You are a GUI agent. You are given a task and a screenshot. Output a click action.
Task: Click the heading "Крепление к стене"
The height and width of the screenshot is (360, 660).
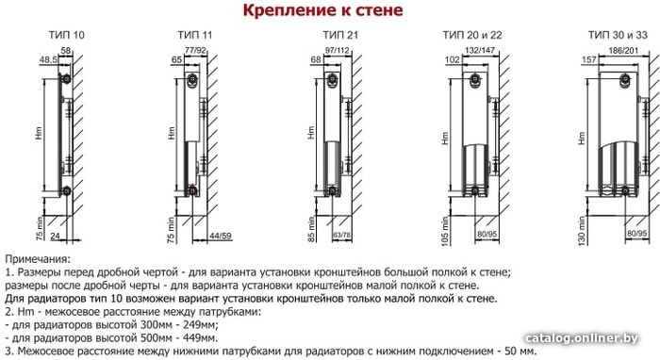click(322, 10)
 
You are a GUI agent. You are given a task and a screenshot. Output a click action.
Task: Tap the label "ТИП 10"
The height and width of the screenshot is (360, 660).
click(67, 35)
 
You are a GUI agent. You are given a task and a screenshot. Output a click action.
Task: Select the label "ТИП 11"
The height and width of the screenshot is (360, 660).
click(195, 35)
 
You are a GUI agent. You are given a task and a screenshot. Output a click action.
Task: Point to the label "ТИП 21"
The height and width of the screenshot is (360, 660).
click(340, 35)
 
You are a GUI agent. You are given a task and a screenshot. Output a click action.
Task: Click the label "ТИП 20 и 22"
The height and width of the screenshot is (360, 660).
click(472, 35)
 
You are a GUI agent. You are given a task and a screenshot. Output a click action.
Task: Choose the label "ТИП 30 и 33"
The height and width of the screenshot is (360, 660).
click(618, 35)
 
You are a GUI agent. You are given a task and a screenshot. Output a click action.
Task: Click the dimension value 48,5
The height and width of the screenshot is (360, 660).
click(48, 59)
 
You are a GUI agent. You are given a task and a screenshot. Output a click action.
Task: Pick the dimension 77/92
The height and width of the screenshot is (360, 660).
click(196, 51)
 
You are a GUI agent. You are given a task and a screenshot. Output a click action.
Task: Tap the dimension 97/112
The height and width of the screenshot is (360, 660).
click(338, 51)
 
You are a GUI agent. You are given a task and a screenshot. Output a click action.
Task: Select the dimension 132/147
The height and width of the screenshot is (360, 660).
click(479, 51)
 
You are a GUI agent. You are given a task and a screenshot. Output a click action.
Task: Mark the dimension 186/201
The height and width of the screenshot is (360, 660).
click(623, 51)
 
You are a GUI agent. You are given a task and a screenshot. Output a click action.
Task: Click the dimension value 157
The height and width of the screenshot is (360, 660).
click(589, 59)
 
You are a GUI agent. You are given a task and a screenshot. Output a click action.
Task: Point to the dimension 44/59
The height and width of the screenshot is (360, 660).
click(221, 236)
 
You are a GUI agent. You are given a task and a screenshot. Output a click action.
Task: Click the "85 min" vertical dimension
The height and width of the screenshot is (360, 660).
click(311, 229)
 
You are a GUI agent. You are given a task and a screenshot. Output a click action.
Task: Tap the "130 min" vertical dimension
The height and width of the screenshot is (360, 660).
click(582, 231)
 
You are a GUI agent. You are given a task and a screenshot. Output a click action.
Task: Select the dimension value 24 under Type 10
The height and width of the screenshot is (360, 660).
click(55, 237)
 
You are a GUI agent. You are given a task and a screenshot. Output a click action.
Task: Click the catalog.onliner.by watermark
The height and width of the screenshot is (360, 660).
click(582, 338)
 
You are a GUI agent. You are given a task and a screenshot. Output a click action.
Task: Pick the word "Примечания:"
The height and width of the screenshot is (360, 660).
click(38, 259)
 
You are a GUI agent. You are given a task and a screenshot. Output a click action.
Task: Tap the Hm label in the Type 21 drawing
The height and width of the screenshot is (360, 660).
click(311, 133)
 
